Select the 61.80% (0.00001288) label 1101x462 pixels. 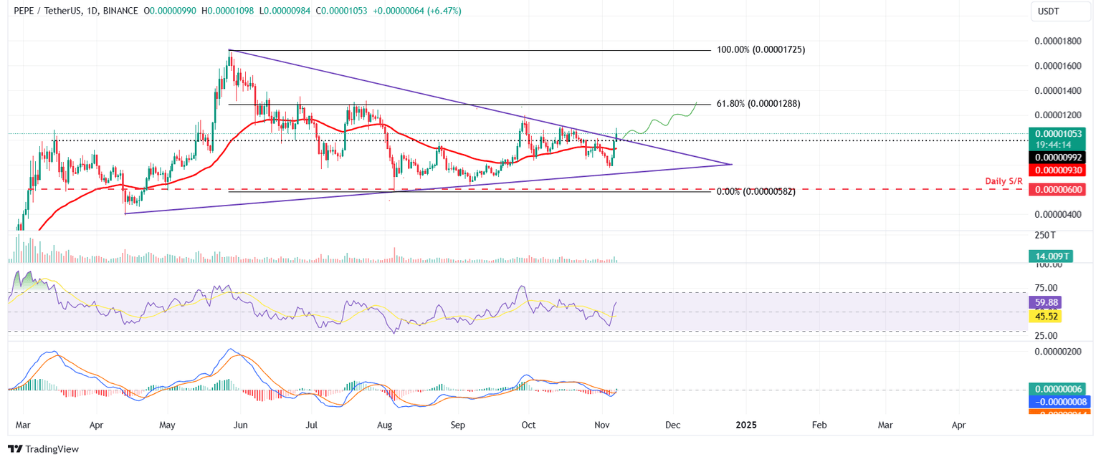click(758, 104)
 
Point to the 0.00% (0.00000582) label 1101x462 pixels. click(756, 192)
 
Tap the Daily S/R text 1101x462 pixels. click(1003, 181)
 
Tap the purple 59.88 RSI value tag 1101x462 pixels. click(1044, 302)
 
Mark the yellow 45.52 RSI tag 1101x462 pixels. click(1044, 315)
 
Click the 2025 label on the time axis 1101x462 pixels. click(746, 425)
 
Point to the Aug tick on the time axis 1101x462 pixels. click(385, 425)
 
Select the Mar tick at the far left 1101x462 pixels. click(23, 425)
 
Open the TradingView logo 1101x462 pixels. click(43, 449)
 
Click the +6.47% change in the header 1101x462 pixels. click(444, 11)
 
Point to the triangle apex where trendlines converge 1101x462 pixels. click(731, 165)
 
